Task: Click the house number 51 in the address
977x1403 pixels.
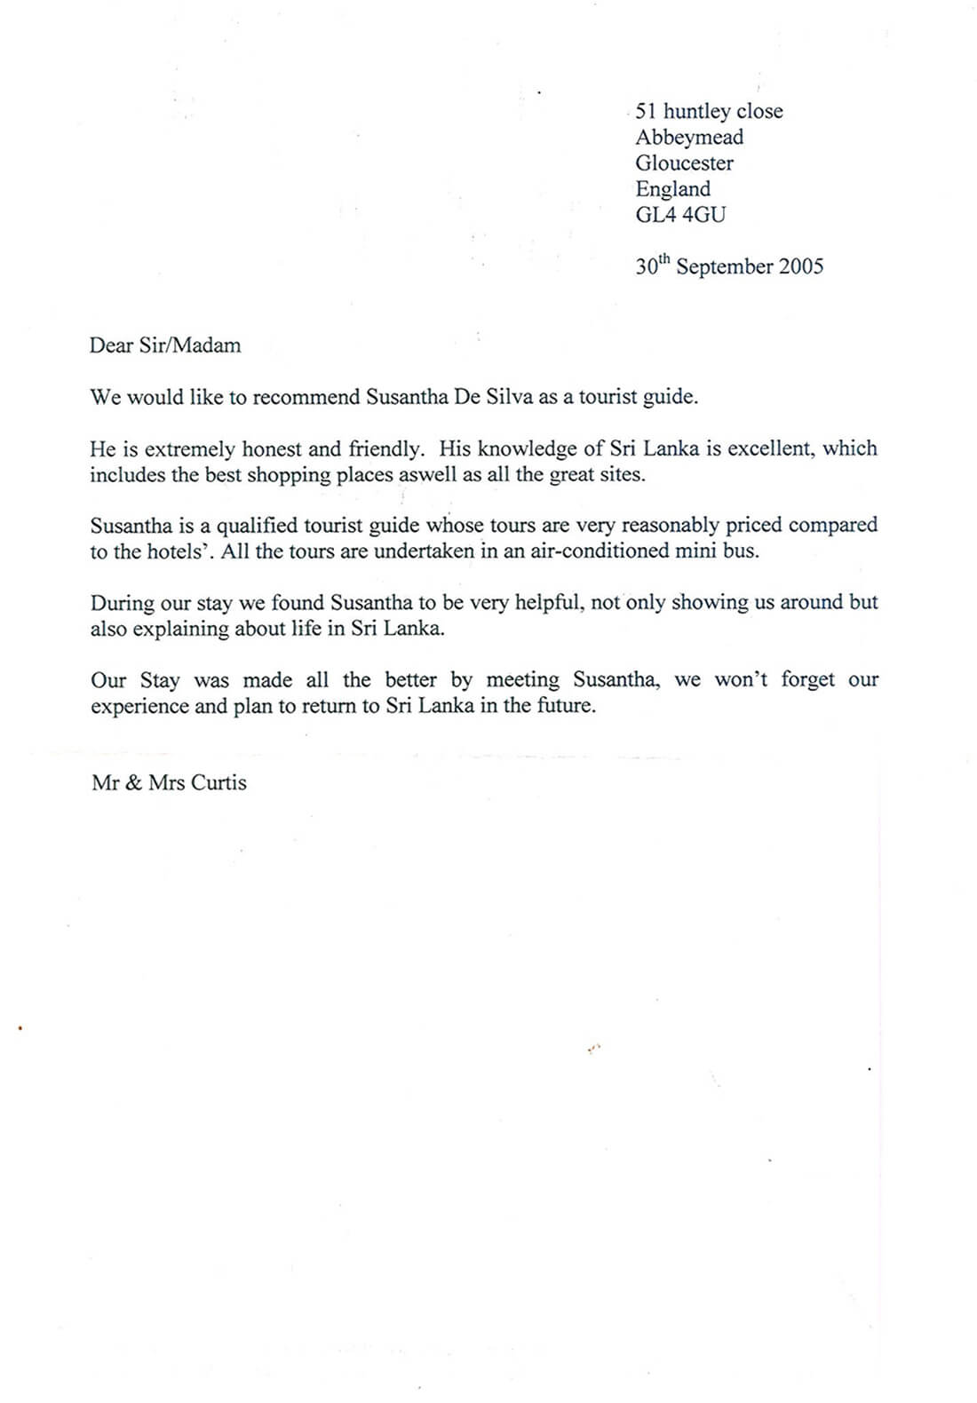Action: (646, 111)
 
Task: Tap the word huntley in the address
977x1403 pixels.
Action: (697, 112)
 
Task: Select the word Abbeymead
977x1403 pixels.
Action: (689, 138)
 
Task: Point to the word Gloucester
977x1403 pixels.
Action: (684, 163)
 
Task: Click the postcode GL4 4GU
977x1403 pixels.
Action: (680, 214)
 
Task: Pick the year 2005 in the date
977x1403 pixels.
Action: (801, 266)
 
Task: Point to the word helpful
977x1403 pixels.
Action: (549, 602)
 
